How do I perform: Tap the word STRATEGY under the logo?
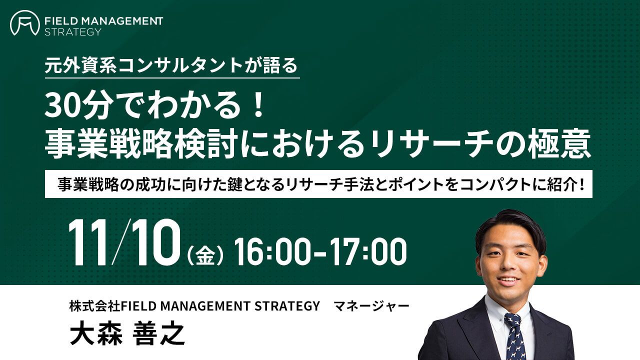[x=73, y=31]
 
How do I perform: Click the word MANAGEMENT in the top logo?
[x=122, y=21]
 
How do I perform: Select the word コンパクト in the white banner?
[x=494, y=184]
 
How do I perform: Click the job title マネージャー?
[x=371, y=306]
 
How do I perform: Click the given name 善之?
[x=158, y=334]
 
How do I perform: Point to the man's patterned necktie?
[x=515, y=336]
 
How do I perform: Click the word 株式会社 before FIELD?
[x=94, y=306]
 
